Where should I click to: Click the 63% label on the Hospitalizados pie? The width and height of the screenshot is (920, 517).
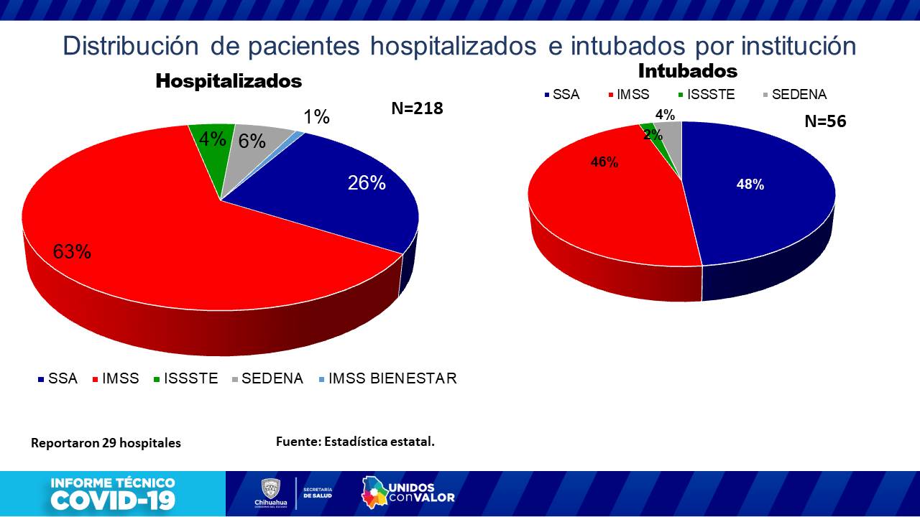tap(72, 252)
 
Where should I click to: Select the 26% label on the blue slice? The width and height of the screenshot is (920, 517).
tap(367, 183)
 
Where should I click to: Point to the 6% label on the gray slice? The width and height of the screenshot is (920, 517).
tap(252, 141)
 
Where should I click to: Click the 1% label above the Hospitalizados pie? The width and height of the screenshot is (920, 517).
tap(316, 117)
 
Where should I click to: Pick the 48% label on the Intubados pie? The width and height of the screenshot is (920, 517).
tap(750, 185)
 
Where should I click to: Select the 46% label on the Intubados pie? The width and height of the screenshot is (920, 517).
tap(604, 162)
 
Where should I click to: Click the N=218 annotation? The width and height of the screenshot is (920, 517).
tap(417, 108)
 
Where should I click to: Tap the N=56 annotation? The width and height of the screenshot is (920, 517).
tap(825, 121)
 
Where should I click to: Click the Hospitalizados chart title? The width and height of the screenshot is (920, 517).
tap(229, 81)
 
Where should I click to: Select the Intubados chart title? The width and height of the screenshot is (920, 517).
tap(688, 71)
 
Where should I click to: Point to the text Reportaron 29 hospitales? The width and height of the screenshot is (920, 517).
tap(106, 443)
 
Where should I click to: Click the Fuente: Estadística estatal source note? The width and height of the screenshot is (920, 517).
tap(355, 442)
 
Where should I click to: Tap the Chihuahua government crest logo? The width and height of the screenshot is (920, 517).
tap(270, 490)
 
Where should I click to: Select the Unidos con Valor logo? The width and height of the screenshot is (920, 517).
tap(408, 492)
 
